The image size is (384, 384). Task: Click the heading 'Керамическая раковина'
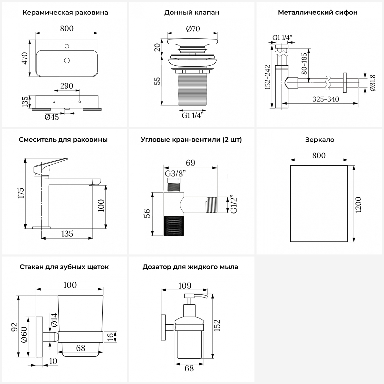click(x=65, y=13)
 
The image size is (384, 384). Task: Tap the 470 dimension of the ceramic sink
click(x=25, y=58)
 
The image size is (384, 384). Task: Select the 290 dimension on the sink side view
click(x=67, y=86)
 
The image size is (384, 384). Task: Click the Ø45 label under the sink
click(x=52, y=117)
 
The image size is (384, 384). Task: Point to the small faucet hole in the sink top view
click(x=67, y=46)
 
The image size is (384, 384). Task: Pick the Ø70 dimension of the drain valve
click(x=193, y=29)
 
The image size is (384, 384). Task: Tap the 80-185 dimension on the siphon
click(x=304, y=64)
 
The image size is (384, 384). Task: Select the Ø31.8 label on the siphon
click(x=372, y=83)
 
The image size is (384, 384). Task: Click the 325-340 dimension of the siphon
click(x=326, y=99)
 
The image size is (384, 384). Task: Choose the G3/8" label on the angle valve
click(x=175, y=174)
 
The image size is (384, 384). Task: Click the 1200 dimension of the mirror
click(x=358, y=204)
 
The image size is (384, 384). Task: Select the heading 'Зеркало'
click(x=320, y=140)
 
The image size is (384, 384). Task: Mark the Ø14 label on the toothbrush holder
click(x=54, y=320)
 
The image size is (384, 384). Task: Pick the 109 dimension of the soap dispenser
click(x=185, y=286)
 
